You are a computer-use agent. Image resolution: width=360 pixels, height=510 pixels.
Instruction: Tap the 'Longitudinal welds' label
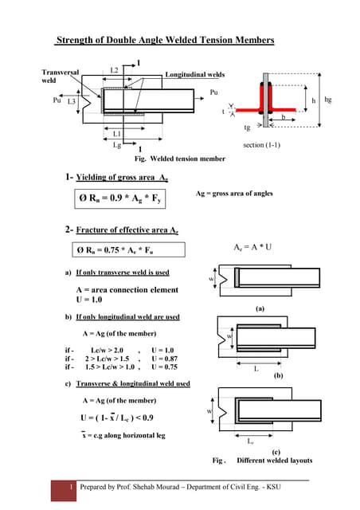click(195, 74)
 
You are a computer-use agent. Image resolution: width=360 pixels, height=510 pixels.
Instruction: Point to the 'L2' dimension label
click(114, 70)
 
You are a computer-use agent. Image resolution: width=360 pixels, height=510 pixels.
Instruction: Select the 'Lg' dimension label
click(117, 145)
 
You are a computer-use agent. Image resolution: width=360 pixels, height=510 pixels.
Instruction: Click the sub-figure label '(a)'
click(260, 307)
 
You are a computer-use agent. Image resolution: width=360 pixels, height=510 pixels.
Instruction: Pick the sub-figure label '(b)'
click(278, 375)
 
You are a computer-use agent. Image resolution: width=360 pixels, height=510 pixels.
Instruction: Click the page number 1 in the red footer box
click(72, 487)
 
